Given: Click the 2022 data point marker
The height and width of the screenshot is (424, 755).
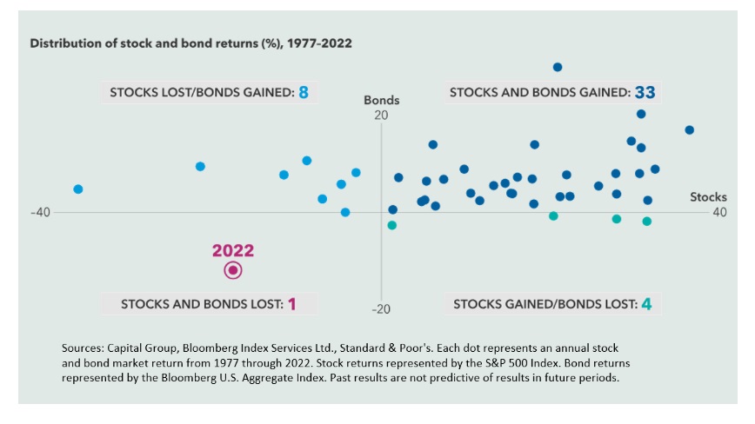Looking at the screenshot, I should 233,270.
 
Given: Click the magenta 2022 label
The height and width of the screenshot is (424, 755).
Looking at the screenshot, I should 233,250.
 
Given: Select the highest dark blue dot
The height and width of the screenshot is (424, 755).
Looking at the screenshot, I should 558,67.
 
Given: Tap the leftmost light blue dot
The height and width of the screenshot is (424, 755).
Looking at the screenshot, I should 78,189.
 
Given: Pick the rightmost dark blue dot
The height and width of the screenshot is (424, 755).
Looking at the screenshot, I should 689,129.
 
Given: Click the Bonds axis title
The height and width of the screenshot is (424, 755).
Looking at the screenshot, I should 381,101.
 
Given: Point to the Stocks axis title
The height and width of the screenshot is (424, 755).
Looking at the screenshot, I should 708,197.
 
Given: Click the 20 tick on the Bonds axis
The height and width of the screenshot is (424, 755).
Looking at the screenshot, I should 380,116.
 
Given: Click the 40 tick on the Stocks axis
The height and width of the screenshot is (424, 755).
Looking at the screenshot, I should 719,213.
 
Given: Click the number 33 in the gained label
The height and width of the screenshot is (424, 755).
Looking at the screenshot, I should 645,92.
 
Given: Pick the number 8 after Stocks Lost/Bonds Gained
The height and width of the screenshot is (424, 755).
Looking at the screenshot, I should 304,91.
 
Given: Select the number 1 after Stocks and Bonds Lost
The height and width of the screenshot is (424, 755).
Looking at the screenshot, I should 292,304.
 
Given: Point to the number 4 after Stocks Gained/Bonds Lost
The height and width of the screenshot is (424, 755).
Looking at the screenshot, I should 646,304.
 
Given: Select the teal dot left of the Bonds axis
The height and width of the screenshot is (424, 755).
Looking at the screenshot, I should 391,225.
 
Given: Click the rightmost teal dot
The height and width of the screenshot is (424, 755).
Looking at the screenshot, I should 647,222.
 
